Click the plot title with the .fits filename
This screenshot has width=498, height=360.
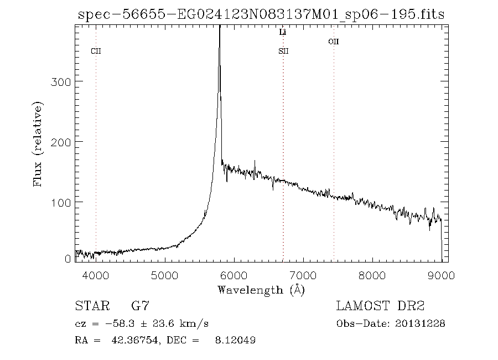pyautogui.click(x=261, y=14)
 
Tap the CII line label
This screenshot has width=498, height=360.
pyautogui.click(x=96, y=52)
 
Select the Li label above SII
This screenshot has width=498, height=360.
pyautogui.click(x=283, y=33)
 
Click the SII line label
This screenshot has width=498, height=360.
pyautogui.click(x=283, y=52)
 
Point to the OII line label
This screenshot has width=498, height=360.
pyautogui.click(x=333, y=41)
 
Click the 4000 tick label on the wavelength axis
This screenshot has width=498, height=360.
pyautogui.click(x=96, y=274)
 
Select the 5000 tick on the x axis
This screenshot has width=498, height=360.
pyautogui.click(x=165, y=274)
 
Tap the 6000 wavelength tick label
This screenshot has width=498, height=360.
pyautogui.click(x=234, y=274)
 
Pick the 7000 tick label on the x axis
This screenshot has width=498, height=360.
pyautogui.click(x=303, y=274)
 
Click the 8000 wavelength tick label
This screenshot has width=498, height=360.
pyautogui.click(x=372, y=274)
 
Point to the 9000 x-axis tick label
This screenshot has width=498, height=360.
pyautogui.click(x=441, y=274)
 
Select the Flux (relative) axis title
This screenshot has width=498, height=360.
pyautogui.click(x=38, y=144)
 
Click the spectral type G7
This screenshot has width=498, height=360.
pyautogui.click(x=139, y=306)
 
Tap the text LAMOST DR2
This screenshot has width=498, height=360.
pyautogui.click(x=380, y=306)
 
